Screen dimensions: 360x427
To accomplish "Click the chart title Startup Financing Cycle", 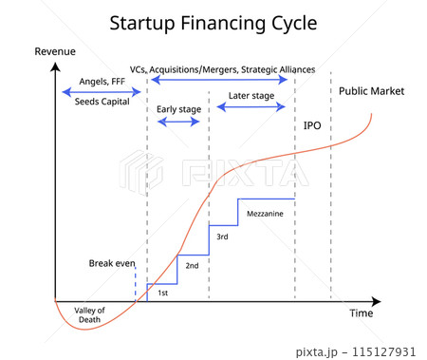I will click(x=213, y=22).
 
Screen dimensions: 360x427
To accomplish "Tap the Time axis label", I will click(x=362, y=313).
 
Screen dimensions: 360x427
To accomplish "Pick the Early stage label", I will click(x=178, y=109).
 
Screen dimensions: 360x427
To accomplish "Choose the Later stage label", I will click(x=251, y=96).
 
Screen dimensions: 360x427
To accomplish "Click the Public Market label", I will click(x=371, y=91).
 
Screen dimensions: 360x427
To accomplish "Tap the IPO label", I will click(x=312, y=125).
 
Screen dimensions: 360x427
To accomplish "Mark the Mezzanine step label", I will click(x=265, y=214).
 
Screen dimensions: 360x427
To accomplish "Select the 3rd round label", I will click(x=222, y=237).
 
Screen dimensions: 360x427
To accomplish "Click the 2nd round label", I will click(x=192, y=265).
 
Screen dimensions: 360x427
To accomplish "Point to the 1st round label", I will click(x=162, y=293).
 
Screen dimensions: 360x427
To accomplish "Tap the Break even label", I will click(x=113, y=262).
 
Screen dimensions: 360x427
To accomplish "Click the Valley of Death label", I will click(x=90, y=314).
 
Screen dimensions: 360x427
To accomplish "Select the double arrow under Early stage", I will click(x=178, y=123).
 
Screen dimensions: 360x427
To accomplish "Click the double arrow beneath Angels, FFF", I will click(x=100, y=91).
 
